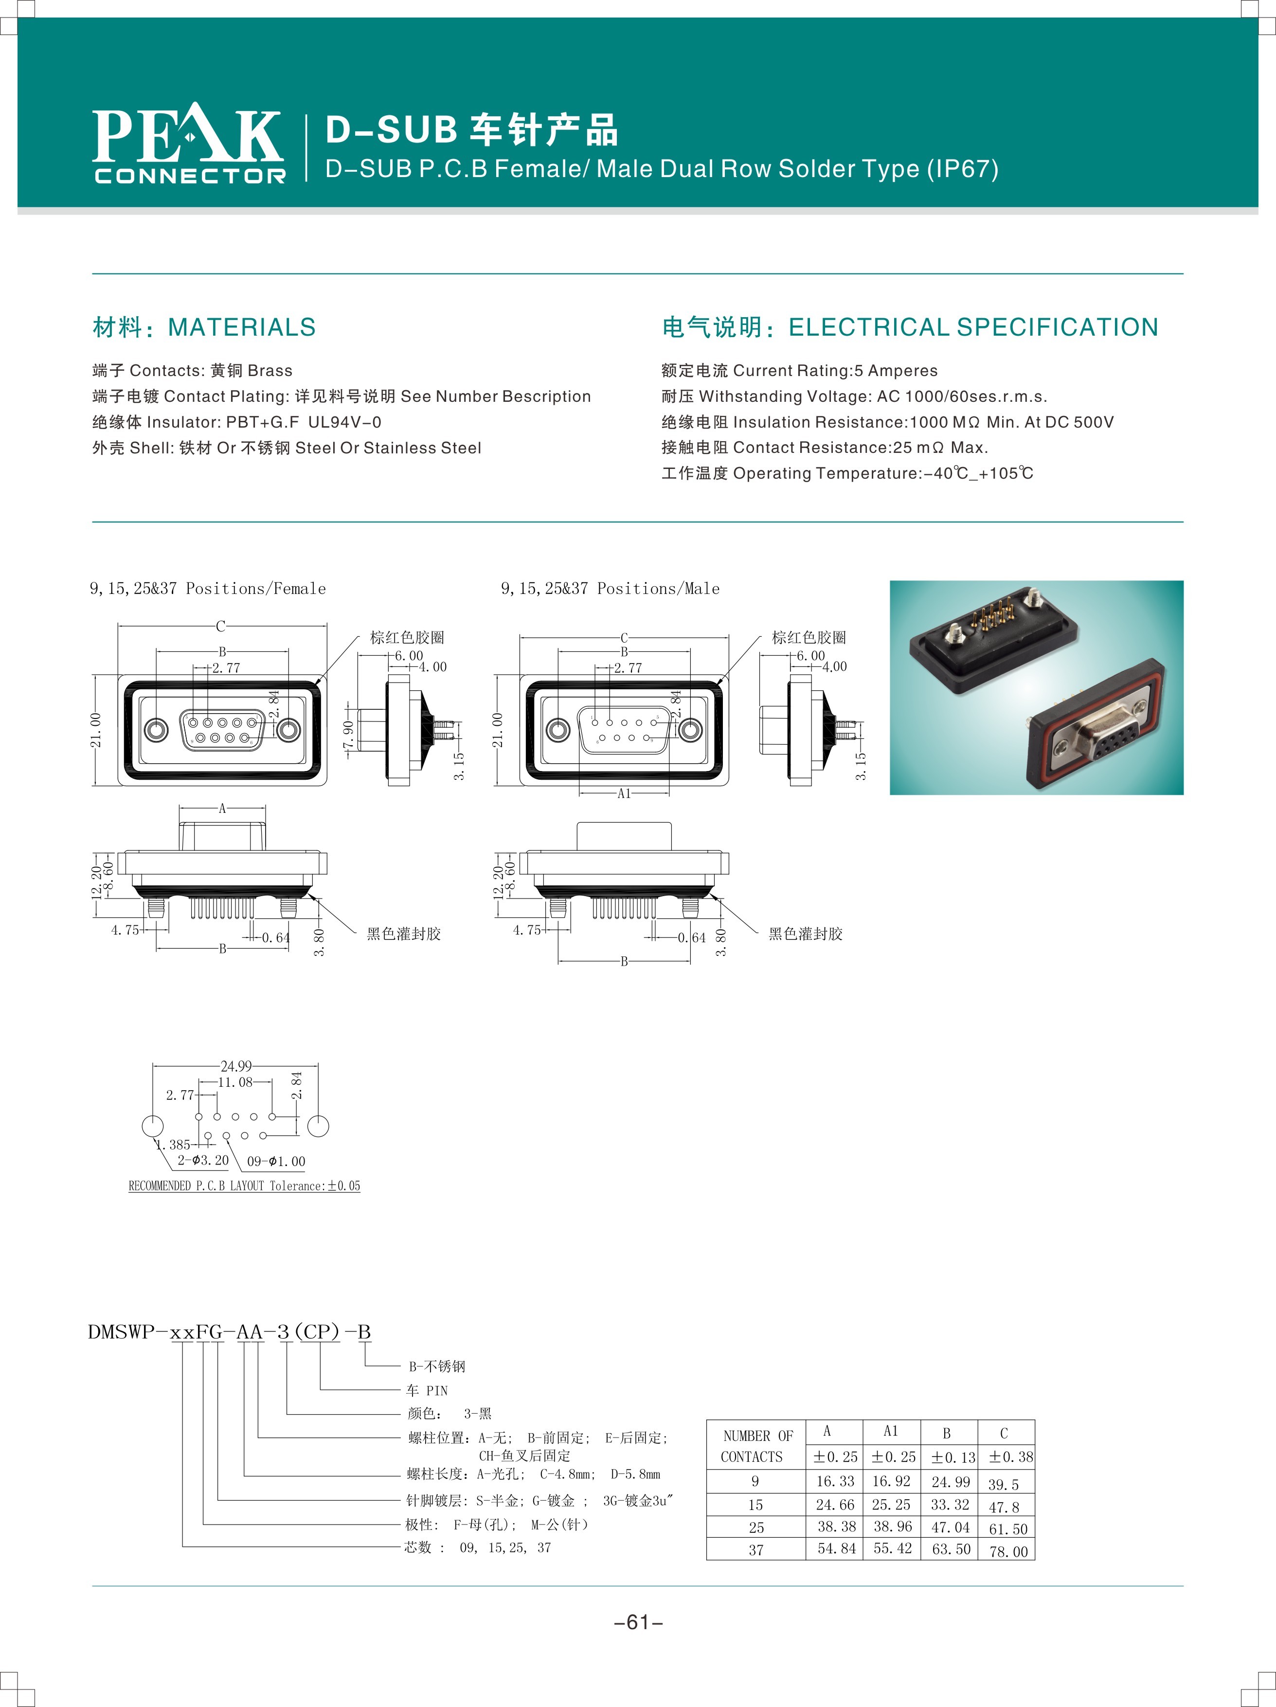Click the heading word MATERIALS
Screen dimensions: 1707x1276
pyautogui.click(x=242, y=327)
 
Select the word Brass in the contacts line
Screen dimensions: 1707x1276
pyautogui.click(x=270, y=370)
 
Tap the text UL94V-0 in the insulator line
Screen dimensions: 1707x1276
pyautogui.click(x=344, y=422)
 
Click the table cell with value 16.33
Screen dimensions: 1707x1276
pyautogui.click(x=835, y=1481)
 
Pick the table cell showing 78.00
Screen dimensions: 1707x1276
pyautogui.click(x=1008, y=1551)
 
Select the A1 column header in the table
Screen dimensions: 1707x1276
pyautogui.click(x=891, y=1432)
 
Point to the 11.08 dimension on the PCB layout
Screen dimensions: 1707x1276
pyautogui.click(x=234, y=1082)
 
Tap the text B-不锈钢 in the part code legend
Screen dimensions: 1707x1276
pyautogui.click(x=437, y=1366)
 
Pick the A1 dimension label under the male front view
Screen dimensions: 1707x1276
pyautogui.click(x=624, y=793)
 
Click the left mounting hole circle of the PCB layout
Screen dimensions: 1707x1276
pyautogui.click(x=153, y=1126)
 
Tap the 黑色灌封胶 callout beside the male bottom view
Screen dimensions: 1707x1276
pyautogui.click(x=805, y=934)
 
